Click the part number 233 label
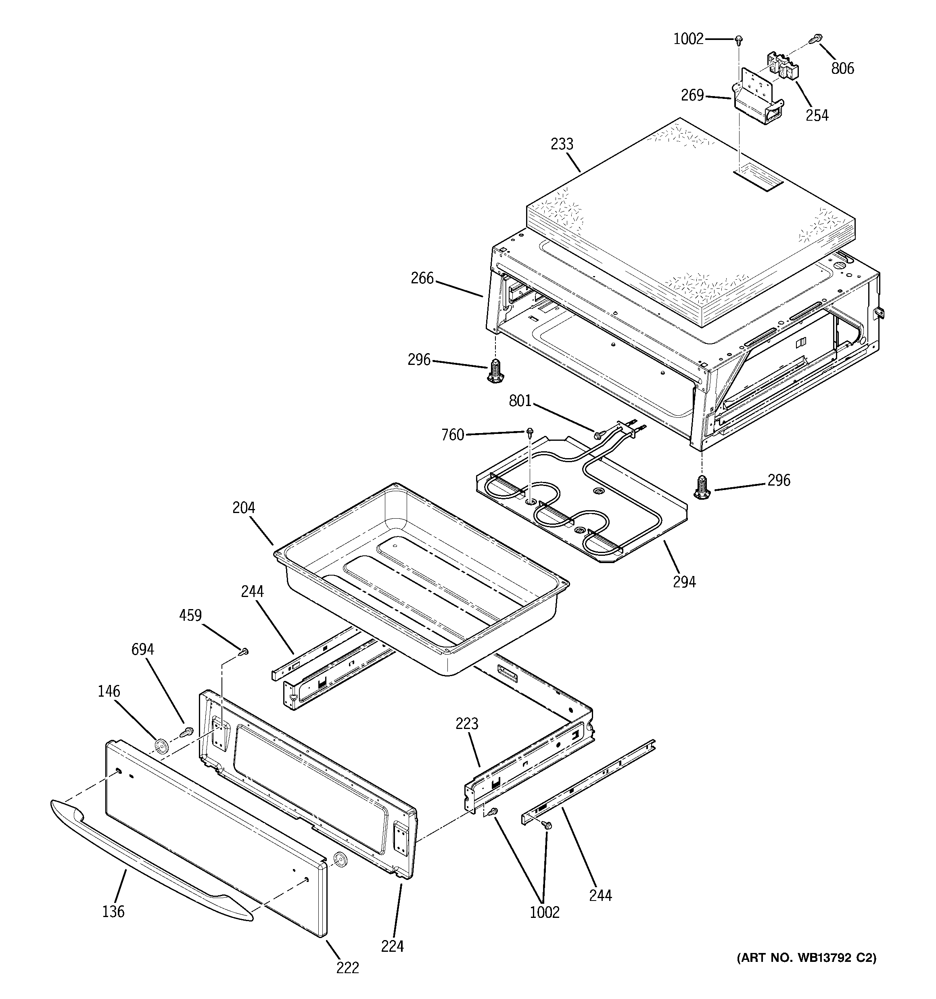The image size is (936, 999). point(562,144)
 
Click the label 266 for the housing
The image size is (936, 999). point(422,278)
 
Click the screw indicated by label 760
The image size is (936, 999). point(530,431)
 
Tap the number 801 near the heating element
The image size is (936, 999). point(520,400)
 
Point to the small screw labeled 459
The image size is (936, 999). point(244,652)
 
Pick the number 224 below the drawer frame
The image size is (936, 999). point(393,946)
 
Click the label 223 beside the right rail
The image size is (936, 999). point(467,724)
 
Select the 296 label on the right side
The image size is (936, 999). point(779,480)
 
